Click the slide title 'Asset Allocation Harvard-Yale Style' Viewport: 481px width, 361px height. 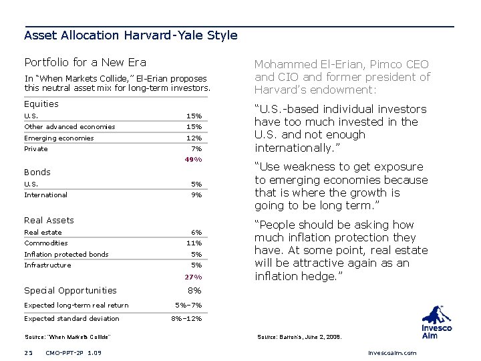click(130, 35)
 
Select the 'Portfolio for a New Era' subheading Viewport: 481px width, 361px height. click(85, 62)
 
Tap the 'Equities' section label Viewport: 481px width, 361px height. click(41, 104)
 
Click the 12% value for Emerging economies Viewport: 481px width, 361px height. click(194, 138)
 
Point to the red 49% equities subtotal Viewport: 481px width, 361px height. click(192, 160)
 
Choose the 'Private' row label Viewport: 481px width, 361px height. click(36, 149)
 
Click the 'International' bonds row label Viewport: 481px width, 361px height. click(45, 195)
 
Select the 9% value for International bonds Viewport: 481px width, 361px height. click(196, 195)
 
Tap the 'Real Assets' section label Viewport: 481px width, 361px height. click(49, 220)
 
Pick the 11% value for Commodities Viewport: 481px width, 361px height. click(194, 243)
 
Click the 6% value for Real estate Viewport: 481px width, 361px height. click(196, 232)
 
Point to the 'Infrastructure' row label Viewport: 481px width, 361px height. click(47, 265)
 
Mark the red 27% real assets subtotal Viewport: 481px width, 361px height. click(192, 277)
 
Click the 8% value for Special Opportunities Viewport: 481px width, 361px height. click(194, 291)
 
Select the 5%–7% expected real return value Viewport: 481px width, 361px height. click(188, 306)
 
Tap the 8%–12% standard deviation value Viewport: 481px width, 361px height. click(186, 319)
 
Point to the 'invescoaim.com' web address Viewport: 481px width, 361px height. click(392, 352)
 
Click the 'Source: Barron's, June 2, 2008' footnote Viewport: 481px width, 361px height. click(299, 337)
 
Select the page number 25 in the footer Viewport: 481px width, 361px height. click(28, 352)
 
